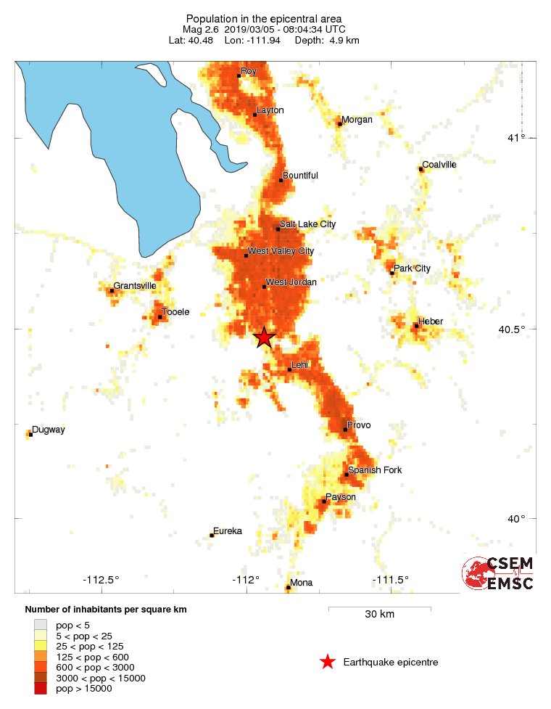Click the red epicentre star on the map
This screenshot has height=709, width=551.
[x=265, y=337]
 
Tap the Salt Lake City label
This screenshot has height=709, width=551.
[x=308, y=225]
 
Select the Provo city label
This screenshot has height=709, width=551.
[x=359, y=425]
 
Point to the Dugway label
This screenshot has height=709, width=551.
[x=49, y=430]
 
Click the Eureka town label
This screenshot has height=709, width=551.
[x=228, y=531]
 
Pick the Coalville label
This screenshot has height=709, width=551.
[x=439, y=165]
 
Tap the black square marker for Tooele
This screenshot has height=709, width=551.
[x=159, y=317]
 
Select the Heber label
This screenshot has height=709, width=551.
[x=431, y=321]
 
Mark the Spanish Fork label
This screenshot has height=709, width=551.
[x=375, y=470]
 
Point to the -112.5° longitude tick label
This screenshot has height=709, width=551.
[x=101, y=579]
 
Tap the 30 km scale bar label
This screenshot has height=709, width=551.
[x=379, y=615]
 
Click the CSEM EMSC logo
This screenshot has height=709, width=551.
[x=498, y=573]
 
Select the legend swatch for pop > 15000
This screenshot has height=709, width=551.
[x=40, y=689]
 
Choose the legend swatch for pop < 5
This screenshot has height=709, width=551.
[x=40, y=624]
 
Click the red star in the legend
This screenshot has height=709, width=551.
[x=328, y=661]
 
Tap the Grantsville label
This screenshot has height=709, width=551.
[x=135, y=286]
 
